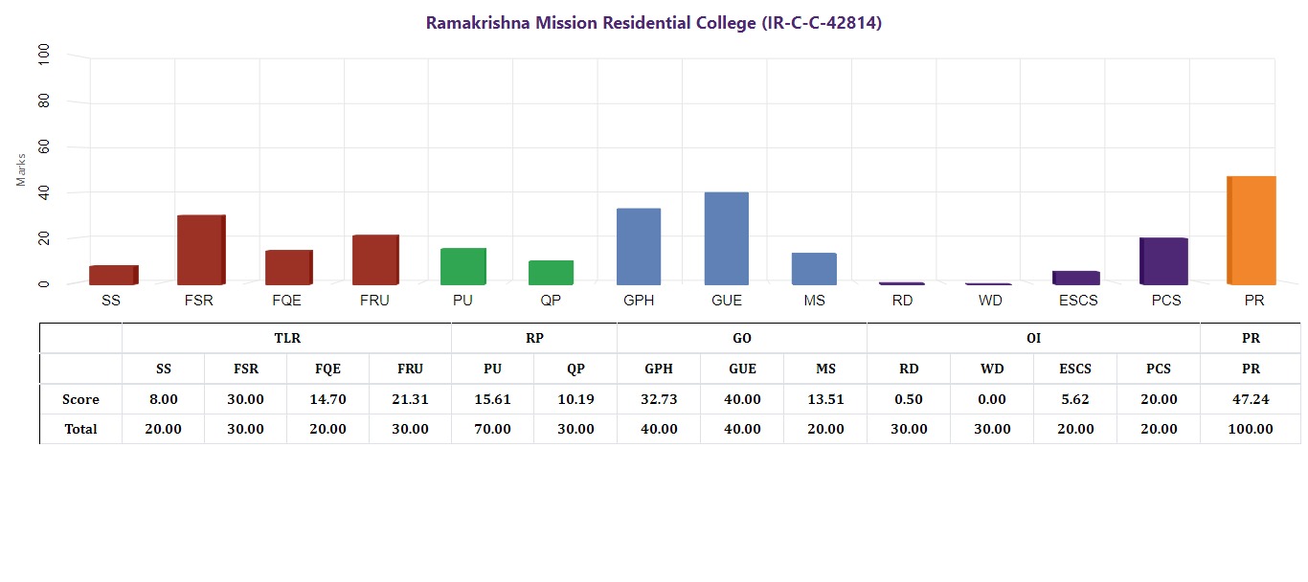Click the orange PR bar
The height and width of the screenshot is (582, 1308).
coord(1252,231)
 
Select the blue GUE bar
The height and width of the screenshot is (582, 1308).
coord(727,238)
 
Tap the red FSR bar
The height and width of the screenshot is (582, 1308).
coord(200,250)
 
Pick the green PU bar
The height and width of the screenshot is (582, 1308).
coord(463,266)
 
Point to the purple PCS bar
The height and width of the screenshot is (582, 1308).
coord(1165,261)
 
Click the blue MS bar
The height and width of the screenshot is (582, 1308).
coord(815,269)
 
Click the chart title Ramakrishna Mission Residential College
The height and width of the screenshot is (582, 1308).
coord(654,23)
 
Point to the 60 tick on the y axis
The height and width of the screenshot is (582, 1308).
coord(43,147)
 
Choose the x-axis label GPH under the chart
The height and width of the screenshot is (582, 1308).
coord(639,301)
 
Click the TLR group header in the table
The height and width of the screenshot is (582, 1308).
coord(287,338)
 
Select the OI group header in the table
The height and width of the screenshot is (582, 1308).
coord(1033,338)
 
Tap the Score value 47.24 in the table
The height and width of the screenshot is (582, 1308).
coord(1251,399)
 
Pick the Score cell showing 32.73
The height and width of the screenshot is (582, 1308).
coord(659,399)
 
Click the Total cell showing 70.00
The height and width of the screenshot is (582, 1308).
coord(492,429)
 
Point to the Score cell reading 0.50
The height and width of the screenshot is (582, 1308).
coord(909,399)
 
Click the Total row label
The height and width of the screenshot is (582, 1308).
coord(81,429)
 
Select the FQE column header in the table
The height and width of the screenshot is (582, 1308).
coord(327,369)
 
